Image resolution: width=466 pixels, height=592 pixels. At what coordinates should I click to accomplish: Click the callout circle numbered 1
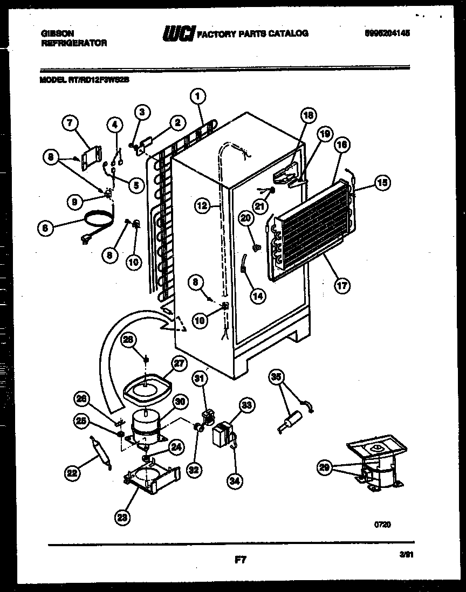pos(198,97)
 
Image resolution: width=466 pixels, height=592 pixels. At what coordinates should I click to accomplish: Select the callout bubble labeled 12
pos(201,205)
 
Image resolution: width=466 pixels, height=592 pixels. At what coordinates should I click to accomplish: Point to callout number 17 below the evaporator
pos(341,285)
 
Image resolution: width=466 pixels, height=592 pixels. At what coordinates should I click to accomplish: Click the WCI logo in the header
pos(178,34)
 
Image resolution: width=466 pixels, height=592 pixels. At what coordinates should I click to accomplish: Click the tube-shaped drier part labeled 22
pos(100,453)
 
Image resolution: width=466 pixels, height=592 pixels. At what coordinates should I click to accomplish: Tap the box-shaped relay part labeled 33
pos(223,434)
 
